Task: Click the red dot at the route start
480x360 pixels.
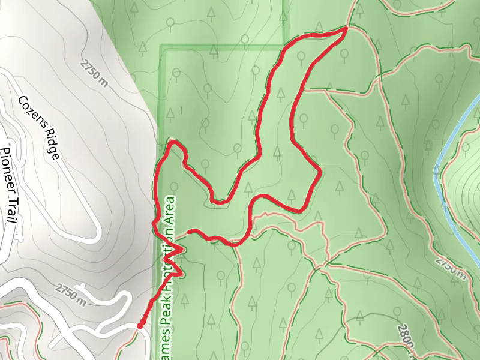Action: pyautogui.click(x=140, y=326)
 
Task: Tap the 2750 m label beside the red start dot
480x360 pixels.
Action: pyautogui.click(x=71, y=295)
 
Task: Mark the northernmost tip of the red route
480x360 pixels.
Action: pyautogui.click(x=347, y=28)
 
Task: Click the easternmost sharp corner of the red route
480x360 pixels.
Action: pyautogui.click(x=321, y=173)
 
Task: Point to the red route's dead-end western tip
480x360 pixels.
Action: pyautogui.click(x=188, y=231)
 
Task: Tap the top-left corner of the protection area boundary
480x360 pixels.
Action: pyautogui.click(x=161, y=46)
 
